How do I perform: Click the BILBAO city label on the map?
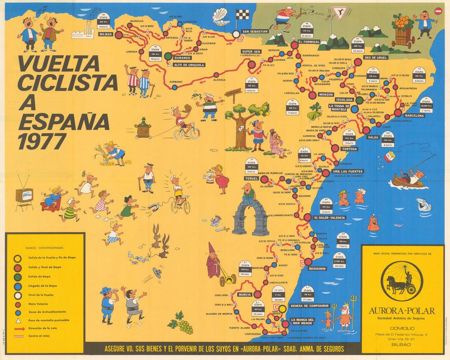click(106, 34)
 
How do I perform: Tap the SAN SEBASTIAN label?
click(255, 31)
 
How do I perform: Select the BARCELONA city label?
click(414, 116)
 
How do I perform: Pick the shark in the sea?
click(423, 205)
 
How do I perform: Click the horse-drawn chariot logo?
click(401, 281)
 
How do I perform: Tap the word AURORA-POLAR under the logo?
click(402, 310)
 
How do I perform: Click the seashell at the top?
click(220, 17)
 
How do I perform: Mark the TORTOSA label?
click(349, 149)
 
